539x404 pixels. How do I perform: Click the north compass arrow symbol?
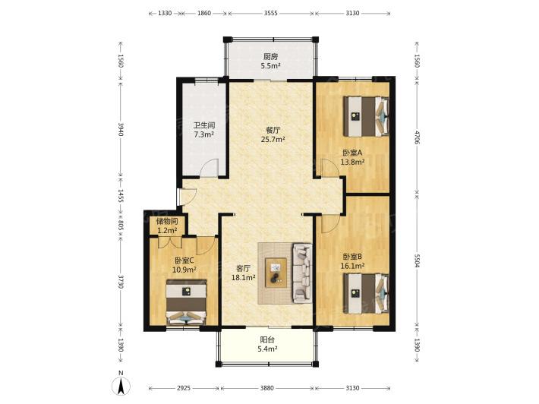tap(121, 386)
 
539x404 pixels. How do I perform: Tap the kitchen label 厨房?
tap(270, 57)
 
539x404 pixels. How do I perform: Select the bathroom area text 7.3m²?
tap(204, 134)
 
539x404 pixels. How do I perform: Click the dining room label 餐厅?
tap(273, 131)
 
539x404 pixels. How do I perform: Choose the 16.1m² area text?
tap(352, 266)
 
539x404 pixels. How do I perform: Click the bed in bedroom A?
tap(366, 116)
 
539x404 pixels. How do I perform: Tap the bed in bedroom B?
tap(366, 293)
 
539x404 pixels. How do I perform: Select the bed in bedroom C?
tap(186, 302)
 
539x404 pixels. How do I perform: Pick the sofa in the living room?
tap(302, 273)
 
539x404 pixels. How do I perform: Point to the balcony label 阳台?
tap(267, 340)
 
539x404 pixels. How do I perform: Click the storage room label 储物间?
tap(167, 222)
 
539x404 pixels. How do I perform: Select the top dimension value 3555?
tap(270, 13)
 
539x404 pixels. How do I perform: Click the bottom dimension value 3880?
tap(266, 388)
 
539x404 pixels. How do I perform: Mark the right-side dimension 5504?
tap(417, 260)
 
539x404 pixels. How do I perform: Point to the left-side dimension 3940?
tap(121, 129)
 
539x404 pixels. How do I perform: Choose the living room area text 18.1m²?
tap(243, 277)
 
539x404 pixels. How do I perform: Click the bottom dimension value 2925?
tap(184, 388)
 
